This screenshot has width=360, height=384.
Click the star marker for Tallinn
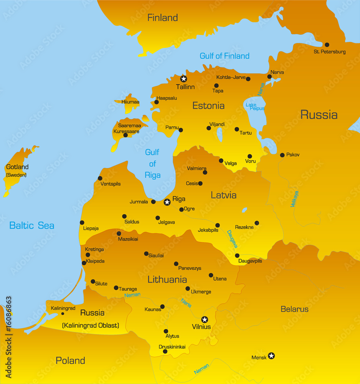click(x=183, y=79)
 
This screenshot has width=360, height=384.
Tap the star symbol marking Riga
click(x=167, y=202)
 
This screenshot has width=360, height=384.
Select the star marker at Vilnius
click(x=205, y=319)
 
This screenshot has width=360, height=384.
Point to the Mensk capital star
click(x=271, y=356)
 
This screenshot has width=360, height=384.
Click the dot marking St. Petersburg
click(x=327, y=45)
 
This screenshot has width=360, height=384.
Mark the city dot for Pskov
click(x=282, y=155)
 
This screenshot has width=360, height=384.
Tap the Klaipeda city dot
click(x=84, y=263)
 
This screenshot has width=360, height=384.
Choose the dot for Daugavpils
click(x=237, y=256)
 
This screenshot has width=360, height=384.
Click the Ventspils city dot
click(x=100, y=178)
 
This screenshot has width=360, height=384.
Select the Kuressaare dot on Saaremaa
click(x=126, y=135)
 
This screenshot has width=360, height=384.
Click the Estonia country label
click(x=208, y=106)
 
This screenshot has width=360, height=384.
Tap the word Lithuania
click(x=167, y=280)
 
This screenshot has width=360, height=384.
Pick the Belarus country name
click(x=294, y=309)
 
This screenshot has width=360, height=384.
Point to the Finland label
click(x=163, y=18)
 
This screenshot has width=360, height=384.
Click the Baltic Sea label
click(x=32, y=225)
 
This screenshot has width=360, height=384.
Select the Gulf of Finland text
click(x=225, y=56)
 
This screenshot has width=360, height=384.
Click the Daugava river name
click(x=232, y=239)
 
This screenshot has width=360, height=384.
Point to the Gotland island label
click(x=17, y=167)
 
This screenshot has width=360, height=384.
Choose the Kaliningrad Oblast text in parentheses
click(x=91, y=326)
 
